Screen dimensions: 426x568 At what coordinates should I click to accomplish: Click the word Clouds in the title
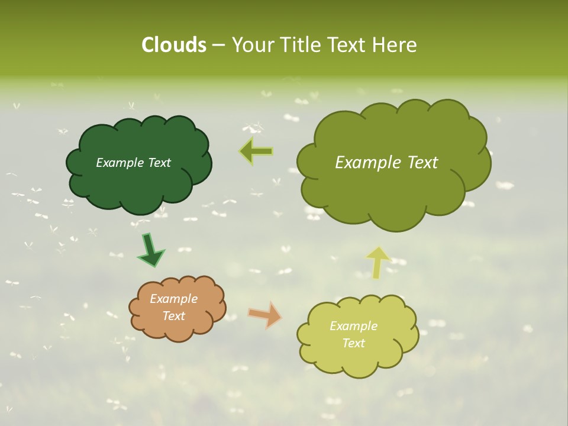tap(174, 45)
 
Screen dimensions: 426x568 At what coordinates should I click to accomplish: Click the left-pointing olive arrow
tap(256, 151)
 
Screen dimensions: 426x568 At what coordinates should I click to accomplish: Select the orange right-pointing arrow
tap(266, 315)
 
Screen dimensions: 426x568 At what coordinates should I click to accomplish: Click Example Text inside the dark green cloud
tap(133, 163)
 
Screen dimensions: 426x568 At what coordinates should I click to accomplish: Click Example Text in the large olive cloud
tap(386, 163)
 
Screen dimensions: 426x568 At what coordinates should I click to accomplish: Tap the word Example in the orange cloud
tap(173, 299)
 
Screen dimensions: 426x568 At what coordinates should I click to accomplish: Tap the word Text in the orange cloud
tap(174, 316)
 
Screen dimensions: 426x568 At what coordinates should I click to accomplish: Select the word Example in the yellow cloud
tap(353, 326)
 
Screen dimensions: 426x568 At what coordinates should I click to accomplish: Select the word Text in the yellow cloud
tap(353, 343)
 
